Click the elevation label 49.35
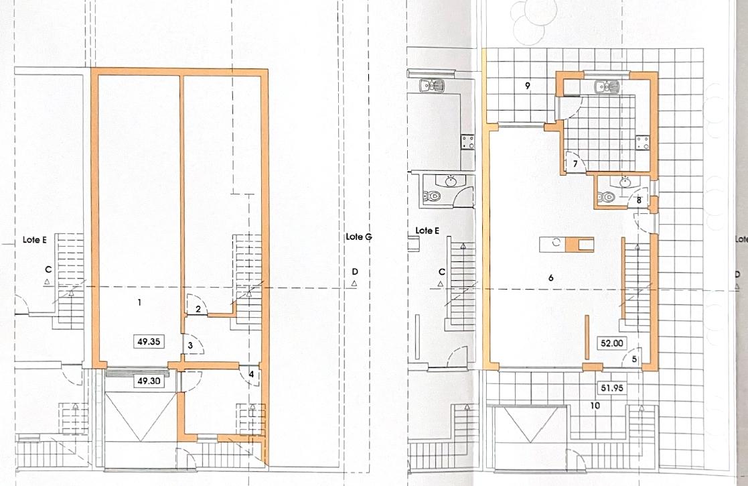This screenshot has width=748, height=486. (x=149, y=342)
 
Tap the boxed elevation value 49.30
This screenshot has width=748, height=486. (x=149, y=381)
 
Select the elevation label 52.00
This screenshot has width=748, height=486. (x=612, y=343)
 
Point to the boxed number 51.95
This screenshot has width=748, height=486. (x=612, y=387)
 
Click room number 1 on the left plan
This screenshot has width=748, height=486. (x=139, y=302)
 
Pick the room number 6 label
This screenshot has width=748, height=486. (x=551, y=278)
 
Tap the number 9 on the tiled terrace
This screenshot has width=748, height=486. (x=527, y=86)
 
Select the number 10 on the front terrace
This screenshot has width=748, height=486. (x=595, y=406)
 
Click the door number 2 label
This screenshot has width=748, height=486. (x=198, y=309)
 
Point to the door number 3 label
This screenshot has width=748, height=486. (x=190, y=345)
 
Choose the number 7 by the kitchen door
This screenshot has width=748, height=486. (x=576, y=164)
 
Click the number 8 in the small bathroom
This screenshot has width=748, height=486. (x=640, y=200)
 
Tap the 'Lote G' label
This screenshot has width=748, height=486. (x=359, y=237)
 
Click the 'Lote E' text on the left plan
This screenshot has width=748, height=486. (x=34, y=240)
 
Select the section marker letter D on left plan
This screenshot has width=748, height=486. (x=354, y=271)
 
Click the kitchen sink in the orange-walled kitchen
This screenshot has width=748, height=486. (x=607, y=87)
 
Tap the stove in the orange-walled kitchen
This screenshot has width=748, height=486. (x=642, y=143)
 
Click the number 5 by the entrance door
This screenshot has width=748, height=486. (x=634, y=359)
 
